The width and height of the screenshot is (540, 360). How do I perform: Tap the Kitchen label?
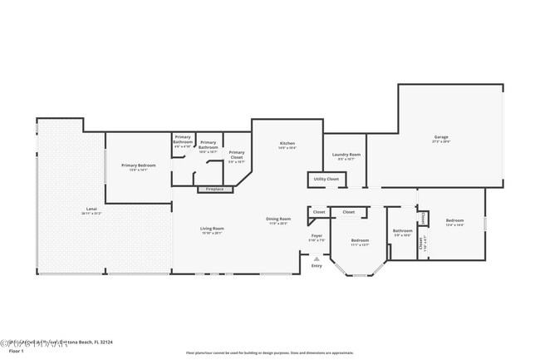tap(287, 143)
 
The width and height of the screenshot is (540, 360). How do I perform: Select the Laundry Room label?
tap(346, 155)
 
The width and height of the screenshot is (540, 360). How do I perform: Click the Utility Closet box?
tap(326, 179)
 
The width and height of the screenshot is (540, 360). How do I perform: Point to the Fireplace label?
tap(214, 190)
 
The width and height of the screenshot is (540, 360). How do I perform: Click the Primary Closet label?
tap(237, 153)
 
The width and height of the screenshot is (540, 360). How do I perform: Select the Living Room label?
tap(212, 229)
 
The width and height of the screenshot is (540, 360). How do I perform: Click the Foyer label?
tap(317, 236)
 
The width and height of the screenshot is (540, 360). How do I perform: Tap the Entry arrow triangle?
tap(316, 257)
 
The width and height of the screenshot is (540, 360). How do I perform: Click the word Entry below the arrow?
tap(316, 265)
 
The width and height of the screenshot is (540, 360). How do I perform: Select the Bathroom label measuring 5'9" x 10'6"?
tap(403, 231)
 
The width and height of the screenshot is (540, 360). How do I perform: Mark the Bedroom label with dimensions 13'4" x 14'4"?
tap(454, 221)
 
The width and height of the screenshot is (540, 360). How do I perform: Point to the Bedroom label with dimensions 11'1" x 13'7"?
tap(360, 240)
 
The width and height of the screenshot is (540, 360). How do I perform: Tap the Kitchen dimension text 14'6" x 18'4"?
tap(287, 148)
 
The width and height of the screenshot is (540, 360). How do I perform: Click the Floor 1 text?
tap(13, 352)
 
